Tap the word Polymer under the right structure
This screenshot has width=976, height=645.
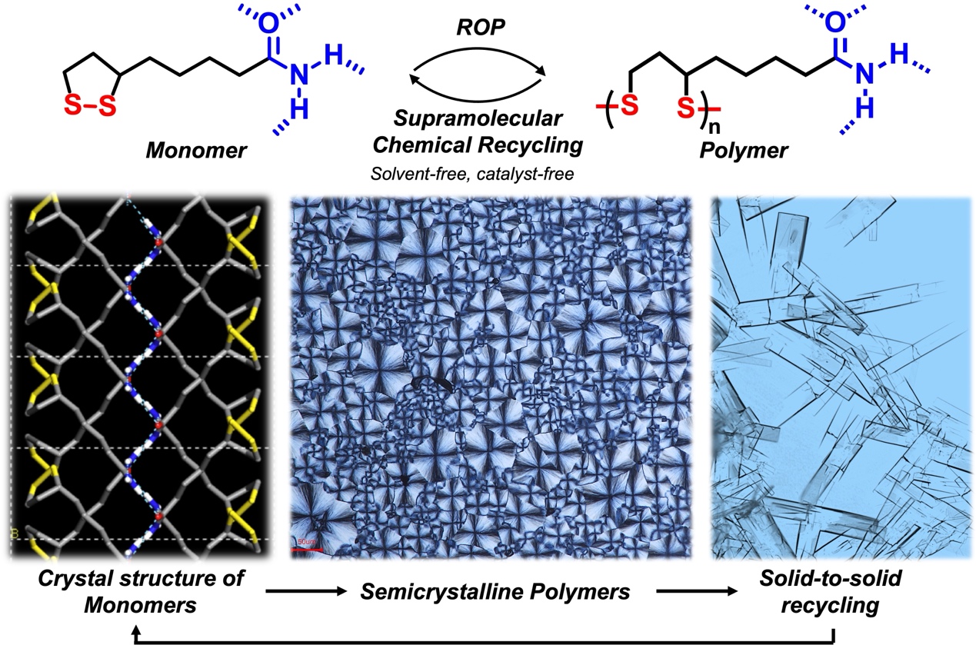743,151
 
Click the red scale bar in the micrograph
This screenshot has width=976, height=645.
307,548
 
